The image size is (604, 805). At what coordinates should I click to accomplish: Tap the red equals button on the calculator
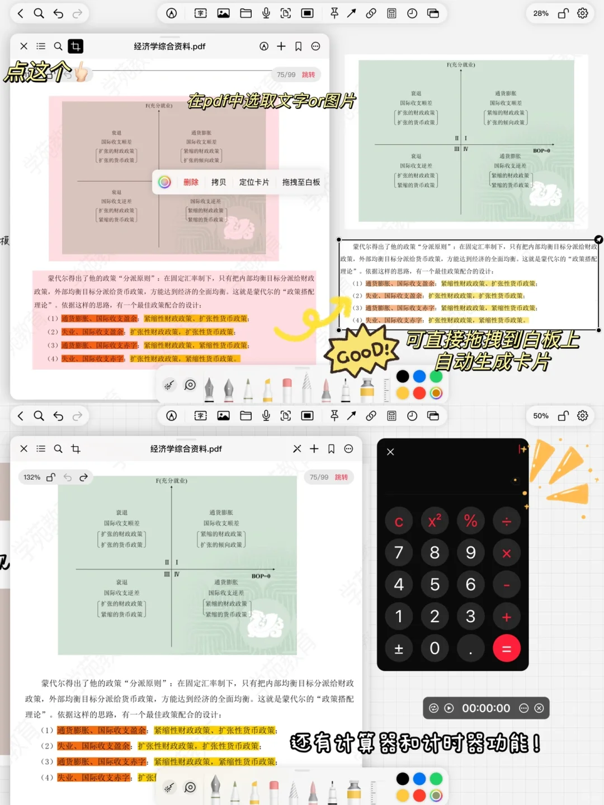click(507, 648)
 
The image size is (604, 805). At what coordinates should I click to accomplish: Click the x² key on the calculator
click(435, 521)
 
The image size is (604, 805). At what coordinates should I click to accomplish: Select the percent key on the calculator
click(470, 521)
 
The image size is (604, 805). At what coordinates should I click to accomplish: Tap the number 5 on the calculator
click(435, 585)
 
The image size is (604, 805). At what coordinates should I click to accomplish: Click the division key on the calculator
click(507, 521)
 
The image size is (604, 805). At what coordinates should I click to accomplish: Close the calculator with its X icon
click(390, 452)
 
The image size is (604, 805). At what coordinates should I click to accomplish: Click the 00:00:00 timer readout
click(485, 708)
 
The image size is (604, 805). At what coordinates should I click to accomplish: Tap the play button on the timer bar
click(449, 708)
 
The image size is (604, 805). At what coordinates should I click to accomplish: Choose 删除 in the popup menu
click(191, 182)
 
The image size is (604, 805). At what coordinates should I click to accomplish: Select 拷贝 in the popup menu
click(219, 182)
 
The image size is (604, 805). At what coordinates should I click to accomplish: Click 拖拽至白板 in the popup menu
click(301, 182)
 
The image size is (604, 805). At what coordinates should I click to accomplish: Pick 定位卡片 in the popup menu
click(254, 182)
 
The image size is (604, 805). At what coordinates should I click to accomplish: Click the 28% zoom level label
click(540, 13)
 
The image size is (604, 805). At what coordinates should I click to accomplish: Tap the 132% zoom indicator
click(32, 477)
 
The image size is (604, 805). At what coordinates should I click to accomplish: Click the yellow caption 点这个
click(38, 72)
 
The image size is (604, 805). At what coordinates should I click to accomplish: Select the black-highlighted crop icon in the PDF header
click(75, 46)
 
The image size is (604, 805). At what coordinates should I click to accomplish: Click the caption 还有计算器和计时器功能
click(415, 743)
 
